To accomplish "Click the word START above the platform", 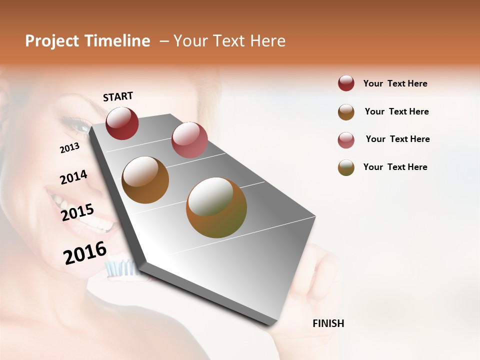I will [118, 96].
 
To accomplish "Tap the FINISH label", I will [328, 323].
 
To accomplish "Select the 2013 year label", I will [69, 148].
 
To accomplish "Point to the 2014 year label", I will [73, 177].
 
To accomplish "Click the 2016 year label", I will [85, 253].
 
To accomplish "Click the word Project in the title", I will [52, 41].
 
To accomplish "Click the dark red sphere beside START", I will [122, 123].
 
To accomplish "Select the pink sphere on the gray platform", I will [189, 140].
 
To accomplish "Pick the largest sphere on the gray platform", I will [216, 207].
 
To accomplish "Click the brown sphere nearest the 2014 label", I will [145, 180].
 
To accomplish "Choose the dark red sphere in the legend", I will [346, 83].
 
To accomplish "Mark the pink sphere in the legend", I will [346, 140].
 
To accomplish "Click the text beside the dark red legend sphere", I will [395, 83].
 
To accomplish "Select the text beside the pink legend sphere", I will [397, 139].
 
